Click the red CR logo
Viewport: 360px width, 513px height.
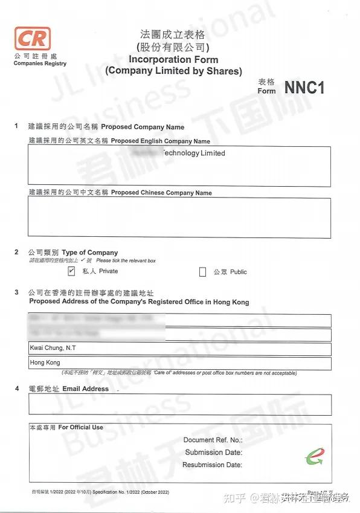click(x=31, y=39)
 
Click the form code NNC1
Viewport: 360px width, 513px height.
click(x=304, y=88)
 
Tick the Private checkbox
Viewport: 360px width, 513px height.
click(x=71, y=272)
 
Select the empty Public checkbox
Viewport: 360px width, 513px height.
click(x=203, y=273)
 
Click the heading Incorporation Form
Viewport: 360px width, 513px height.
click(x=173, y=60)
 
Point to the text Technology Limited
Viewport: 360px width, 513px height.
click(x=193, y=153)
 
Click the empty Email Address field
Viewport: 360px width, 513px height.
click(x=179, y=405)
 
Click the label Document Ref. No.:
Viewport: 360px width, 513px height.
click(x=213, y=440)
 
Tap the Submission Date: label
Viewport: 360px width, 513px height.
click(x=213, y=453)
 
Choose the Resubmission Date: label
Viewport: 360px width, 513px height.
click(x=212, y=465)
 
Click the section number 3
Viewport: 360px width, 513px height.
click(x=16, y=292)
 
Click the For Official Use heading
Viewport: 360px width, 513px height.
click(x=80, y=427)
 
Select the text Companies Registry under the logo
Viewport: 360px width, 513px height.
click(x=40, y=63)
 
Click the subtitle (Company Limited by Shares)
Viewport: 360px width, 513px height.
click(x=173, y=71)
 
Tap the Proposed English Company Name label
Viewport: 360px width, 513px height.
click(x=161, y=141)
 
